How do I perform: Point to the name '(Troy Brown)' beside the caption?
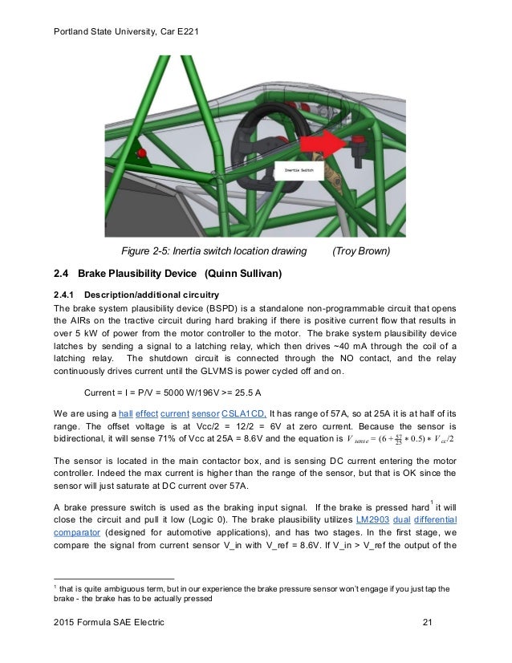pyautogui.click(x=362, y=251)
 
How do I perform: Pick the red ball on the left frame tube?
pyautogui.click(x=142, y=153)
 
